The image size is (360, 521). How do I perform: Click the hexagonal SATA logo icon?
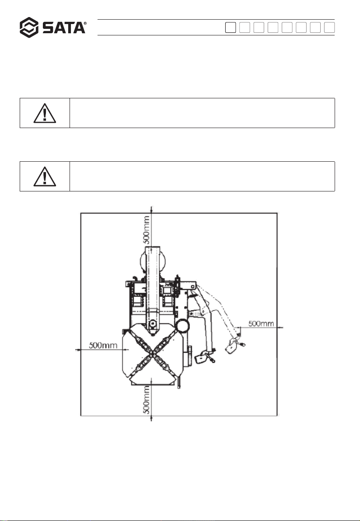pyautogui.click(x=29, y=27)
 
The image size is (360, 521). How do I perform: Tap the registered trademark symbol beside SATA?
pyautogui.click(x=85, y=24)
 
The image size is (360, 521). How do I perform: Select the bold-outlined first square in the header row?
pyautogui.click(x=231, y=28)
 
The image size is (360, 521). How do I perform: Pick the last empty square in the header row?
pyautogui.click(x=329, y=28)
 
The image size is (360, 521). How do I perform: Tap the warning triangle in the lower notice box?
pyautogui.click(x=45, y=177)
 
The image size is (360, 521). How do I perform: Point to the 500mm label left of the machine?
pyautogui.click(x=103, y=345)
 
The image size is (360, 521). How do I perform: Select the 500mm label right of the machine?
pyautogui.click(x=261, y=323)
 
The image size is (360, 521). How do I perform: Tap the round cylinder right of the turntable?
pyautogui.click(x=182, y=326)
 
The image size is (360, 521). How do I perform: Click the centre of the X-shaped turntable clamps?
pyautogui.click(x=152, y=354)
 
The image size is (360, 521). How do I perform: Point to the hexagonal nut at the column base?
pyautogui.click(x=153, y=323)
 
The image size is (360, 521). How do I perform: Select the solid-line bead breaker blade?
pyautogui.click(x=204, y=358)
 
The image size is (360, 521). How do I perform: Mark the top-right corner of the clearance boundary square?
pyautogui.click(x=277, y=213)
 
